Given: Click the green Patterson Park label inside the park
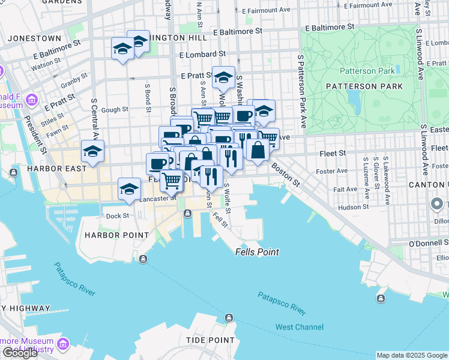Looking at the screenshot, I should tap(367, 71).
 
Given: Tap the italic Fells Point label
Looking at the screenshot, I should tap(257, 252).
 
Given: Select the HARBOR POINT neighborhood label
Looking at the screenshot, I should tap(116, 235).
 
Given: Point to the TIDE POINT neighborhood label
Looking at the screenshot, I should tap(210, 340).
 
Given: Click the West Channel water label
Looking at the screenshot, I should tap(299, 327).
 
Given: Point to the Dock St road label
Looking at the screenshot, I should tap(117, 216).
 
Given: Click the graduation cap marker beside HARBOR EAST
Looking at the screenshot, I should tap(92, 151).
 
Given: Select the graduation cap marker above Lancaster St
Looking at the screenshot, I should tap(129, 189).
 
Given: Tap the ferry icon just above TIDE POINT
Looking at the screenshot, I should tap(228, 317).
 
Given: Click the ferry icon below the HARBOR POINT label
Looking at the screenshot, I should tap(143, 259).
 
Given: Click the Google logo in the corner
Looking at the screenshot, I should tap(20, 353).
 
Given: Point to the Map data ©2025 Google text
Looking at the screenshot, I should tap(411, 355).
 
